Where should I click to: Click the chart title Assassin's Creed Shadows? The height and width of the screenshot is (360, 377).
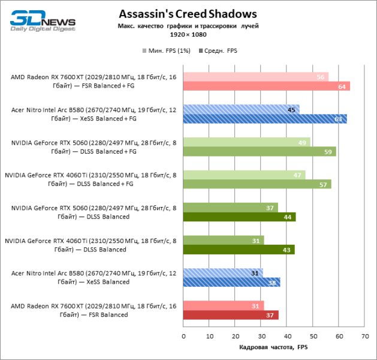188,14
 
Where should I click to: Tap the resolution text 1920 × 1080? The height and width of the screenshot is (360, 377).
188,35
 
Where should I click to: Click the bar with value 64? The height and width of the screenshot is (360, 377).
266,86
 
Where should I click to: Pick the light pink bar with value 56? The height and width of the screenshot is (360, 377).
255,77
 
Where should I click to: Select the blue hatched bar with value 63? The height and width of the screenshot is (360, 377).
264,119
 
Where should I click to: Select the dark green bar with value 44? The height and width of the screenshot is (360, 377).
239,217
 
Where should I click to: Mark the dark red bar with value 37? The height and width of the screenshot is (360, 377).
230,315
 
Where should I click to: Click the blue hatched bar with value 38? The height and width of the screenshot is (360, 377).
231,282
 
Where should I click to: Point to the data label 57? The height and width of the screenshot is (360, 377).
323,184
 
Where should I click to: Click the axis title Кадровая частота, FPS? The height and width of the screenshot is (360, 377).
273,347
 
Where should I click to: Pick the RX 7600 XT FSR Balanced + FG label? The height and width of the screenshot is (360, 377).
93,81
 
